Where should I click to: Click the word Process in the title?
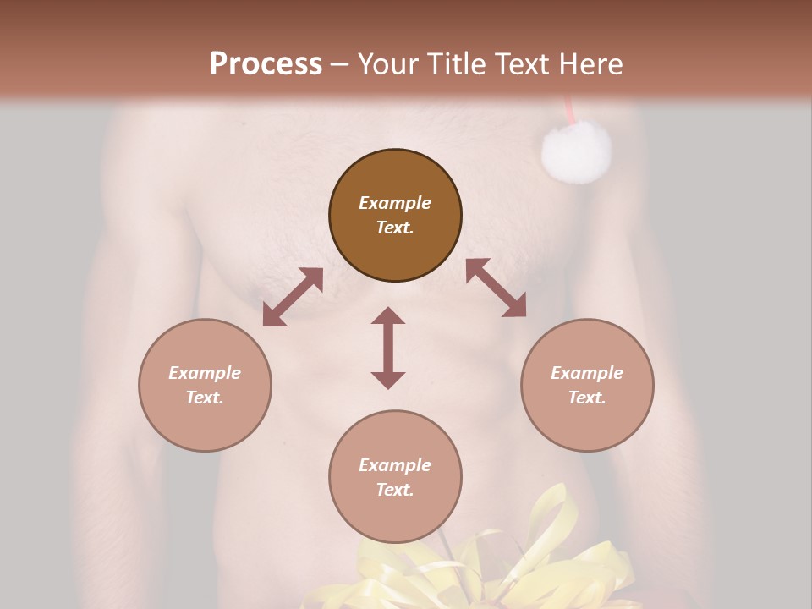266,64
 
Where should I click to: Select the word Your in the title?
387,64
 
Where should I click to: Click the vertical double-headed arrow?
388,348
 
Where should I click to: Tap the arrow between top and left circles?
293,297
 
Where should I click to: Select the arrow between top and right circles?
496,288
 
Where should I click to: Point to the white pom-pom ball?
576,151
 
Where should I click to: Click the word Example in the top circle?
395,203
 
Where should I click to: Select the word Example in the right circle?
587,373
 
